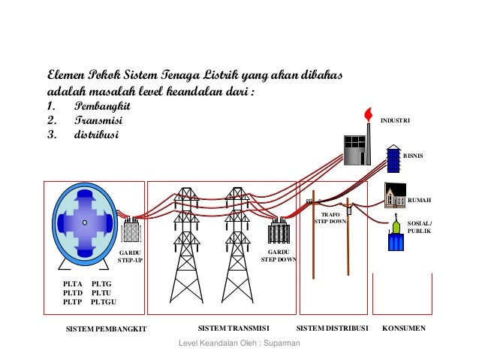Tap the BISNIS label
414,156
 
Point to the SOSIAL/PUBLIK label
419,226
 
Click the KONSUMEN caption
404,328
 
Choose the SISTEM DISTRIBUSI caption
333,328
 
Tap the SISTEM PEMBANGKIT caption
106,329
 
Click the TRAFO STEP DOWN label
330,218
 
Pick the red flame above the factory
367,113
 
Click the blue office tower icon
393,160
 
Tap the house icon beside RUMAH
395,196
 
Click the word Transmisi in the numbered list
98,120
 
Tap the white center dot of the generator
85,223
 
